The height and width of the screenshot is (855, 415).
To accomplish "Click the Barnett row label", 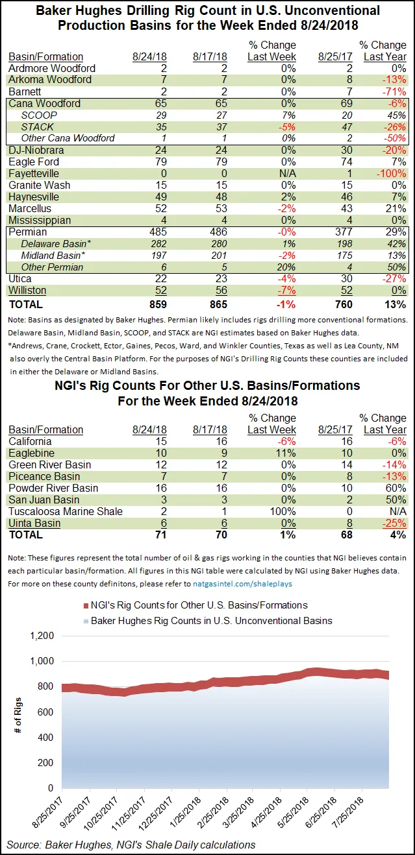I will click(25, 91).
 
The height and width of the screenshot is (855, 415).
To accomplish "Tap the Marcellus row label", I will click(30, 208).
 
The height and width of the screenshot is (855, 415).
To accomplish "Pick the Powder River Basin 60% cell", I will click(396, 488).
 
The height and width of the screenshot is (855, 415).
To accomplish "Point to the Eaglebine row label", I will click(31, 453).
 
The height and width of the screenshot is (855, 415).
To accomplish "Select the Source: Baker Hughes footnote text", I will click(131, 845).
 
